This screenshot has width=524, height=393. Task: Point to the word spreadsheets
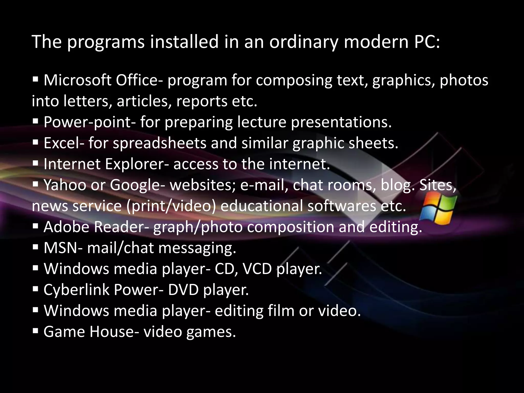159,143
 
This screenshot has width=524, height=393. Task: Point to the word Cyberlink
76,290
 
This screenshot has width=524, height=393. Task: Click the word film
281,311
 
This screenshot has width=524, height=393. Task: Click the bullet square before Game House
36,332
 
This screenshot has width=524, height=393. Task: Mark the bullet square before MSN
36,248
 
